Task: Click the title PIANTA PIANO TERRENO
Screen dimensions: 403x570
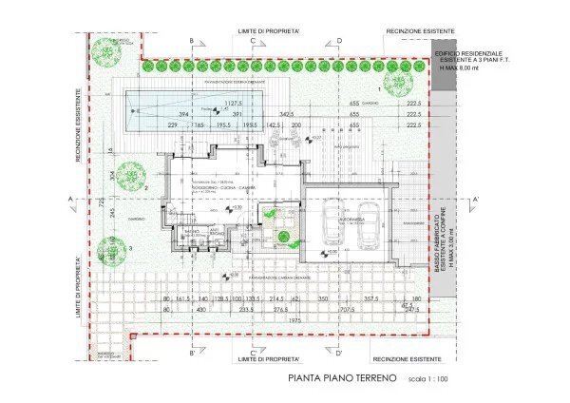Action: (x=337, y=378)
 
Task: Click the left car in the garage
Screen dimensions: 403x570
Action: (x=332, y=222)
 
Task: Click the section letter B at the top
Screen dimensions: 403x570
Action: (x=192, y=41)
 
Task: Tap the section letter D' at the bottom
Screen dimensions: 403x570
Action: (x=312, y=354)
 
